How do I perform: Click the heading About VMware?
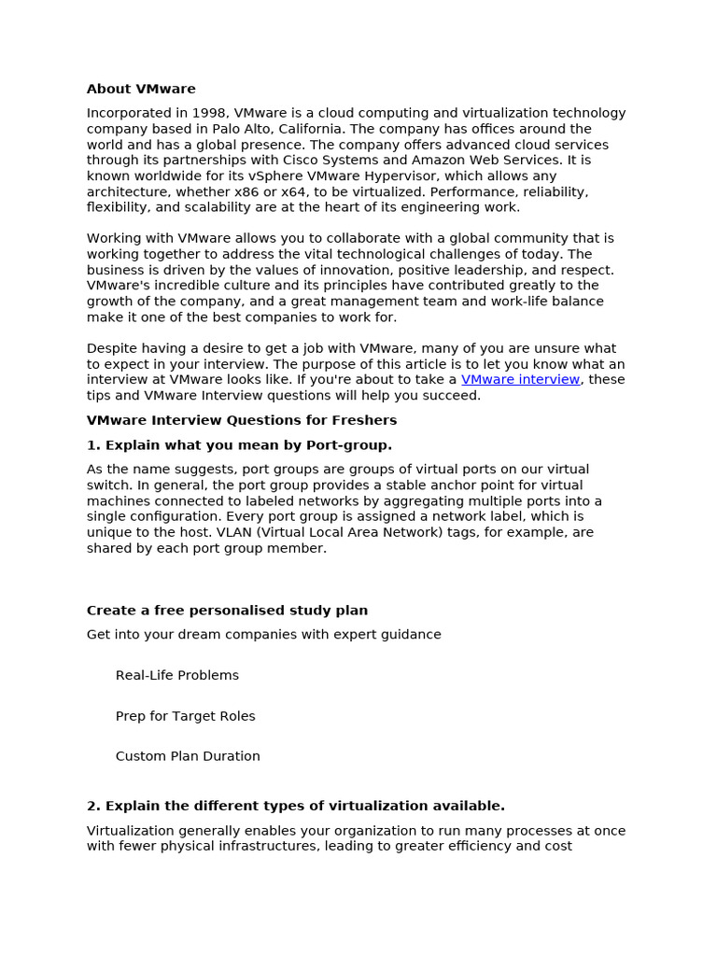(141, 90)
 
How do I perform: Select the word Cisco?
(303, 161)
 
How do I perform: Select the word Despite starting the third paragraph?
(110, 348)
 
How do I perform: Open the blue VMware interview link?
(520, 380)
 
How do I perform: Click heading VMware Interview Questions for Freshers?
(242, 420)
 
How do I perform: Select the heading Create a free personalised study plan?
(227, 611)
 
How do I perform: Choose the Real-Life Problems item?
(177, 675)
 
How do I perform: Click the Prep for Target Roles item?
(185, 716)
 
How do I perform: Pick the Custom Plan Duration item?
(188, 756)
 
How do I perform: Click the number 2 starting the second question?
(91, 806)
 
